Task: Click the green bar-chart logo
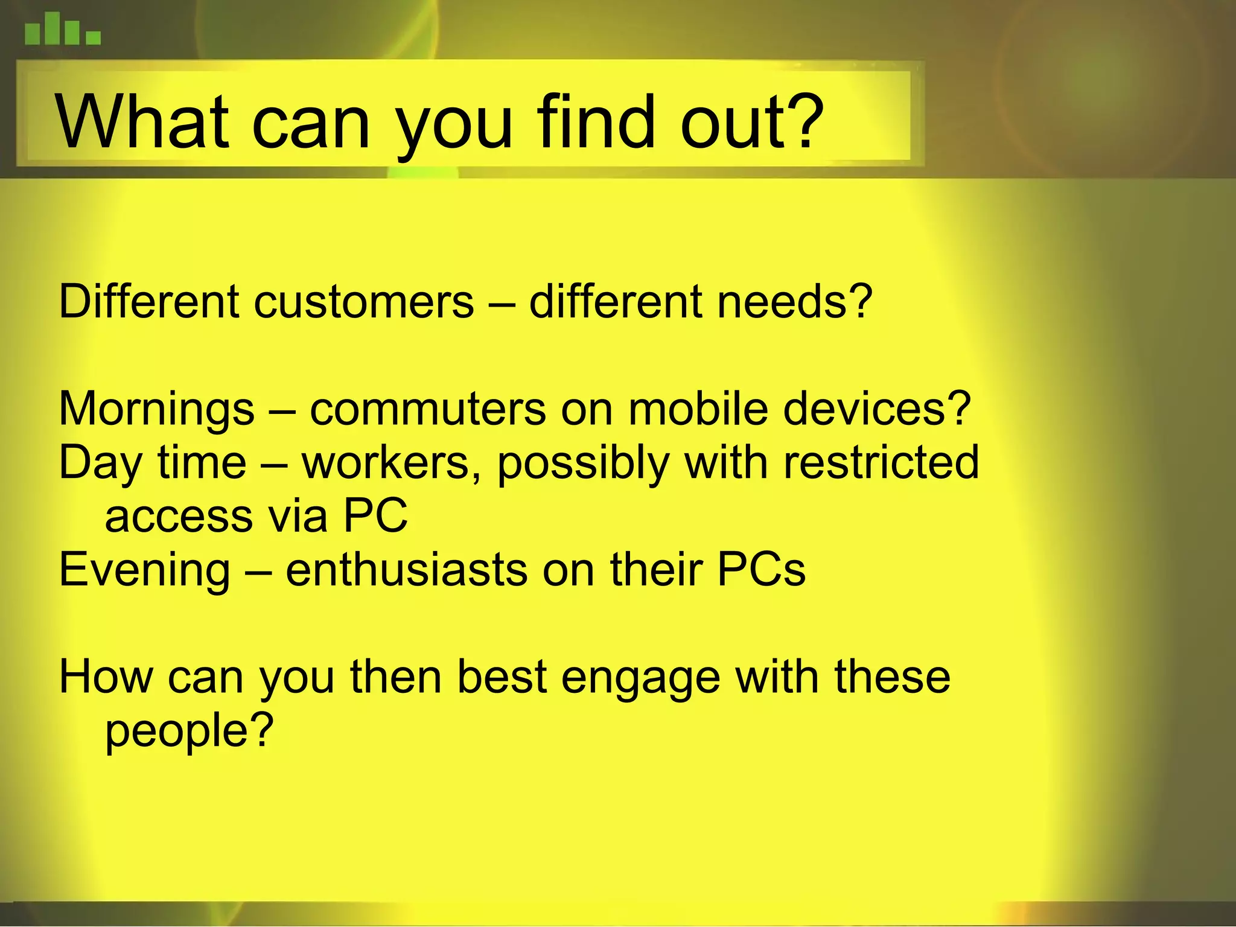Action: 62,30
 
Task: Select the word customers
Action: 364,302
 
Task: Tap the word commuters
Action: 428,409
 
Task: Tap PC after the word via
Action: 375,517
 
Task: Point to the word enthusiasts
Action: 406,570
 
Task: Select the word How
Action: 106,677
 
